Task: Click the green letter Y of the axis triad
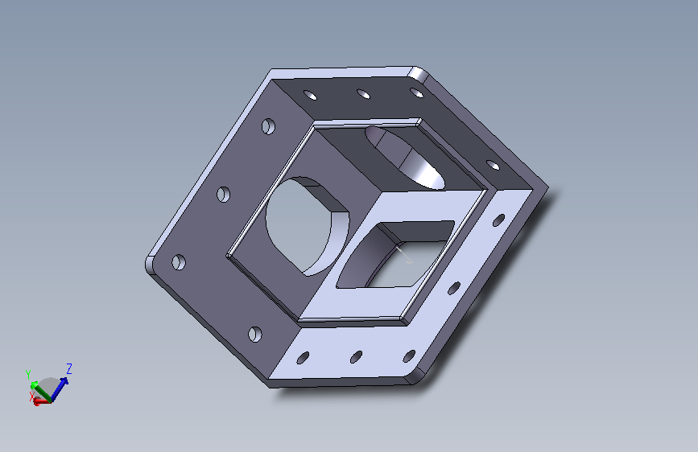[x=28, y=374]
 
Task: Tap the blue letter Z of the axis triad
[x=69, y=369]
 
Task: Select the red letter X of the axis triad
[x=31, y=396]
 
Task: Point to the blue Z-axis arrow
[x=60, y=388]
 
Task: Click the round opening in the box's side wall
[x=308, y=225]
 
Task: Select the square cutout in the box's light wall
[x=396, y=254]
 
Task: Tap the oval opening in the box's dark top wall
[x=404, y=158]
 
